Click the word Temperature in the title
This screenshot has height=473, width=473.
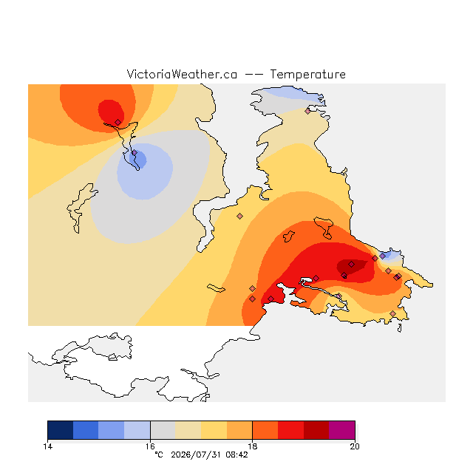tap(307, 75)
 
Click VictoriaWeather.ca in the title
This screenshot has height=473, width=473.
tap(182, 75)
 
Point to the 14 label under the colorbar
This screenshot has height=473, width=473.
tap(47, 446)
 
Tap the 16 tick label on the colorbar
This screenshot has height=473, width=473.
tap(150, 446)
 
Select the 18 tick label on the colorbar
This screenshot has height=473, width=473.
tap(253, 446)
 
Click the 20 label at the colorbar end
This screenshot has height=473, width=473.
tap(355, 446)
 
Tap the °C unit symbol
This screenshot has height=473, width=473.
tap(159, 455)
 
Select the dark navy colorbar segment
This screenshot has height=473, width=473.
tap(61, 430)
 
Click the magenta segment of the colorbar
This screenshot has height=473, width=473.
tap(342, 430)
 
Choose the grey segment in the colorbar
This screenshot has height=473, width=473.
tap(163, 430)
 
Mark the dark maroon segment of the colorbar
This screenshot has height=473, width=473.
tap(316, 430)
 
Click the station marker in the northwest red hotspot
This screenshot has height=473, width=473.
tap(118, 122)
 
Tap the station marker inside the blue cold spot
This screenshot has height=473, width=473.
tap(135, 153)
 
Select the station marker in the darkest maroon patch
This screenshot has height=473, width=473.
tap(352, 265)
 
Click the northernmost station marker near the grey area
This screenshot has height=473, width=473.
tap(307, 111)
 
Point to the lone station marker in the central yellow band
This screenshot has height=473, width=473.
tap(239, 216)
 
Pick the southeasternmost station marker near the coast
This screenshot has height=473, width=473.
tap(392, 313)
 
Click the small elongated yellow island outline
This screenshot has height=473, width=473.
tap(216, 288)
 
